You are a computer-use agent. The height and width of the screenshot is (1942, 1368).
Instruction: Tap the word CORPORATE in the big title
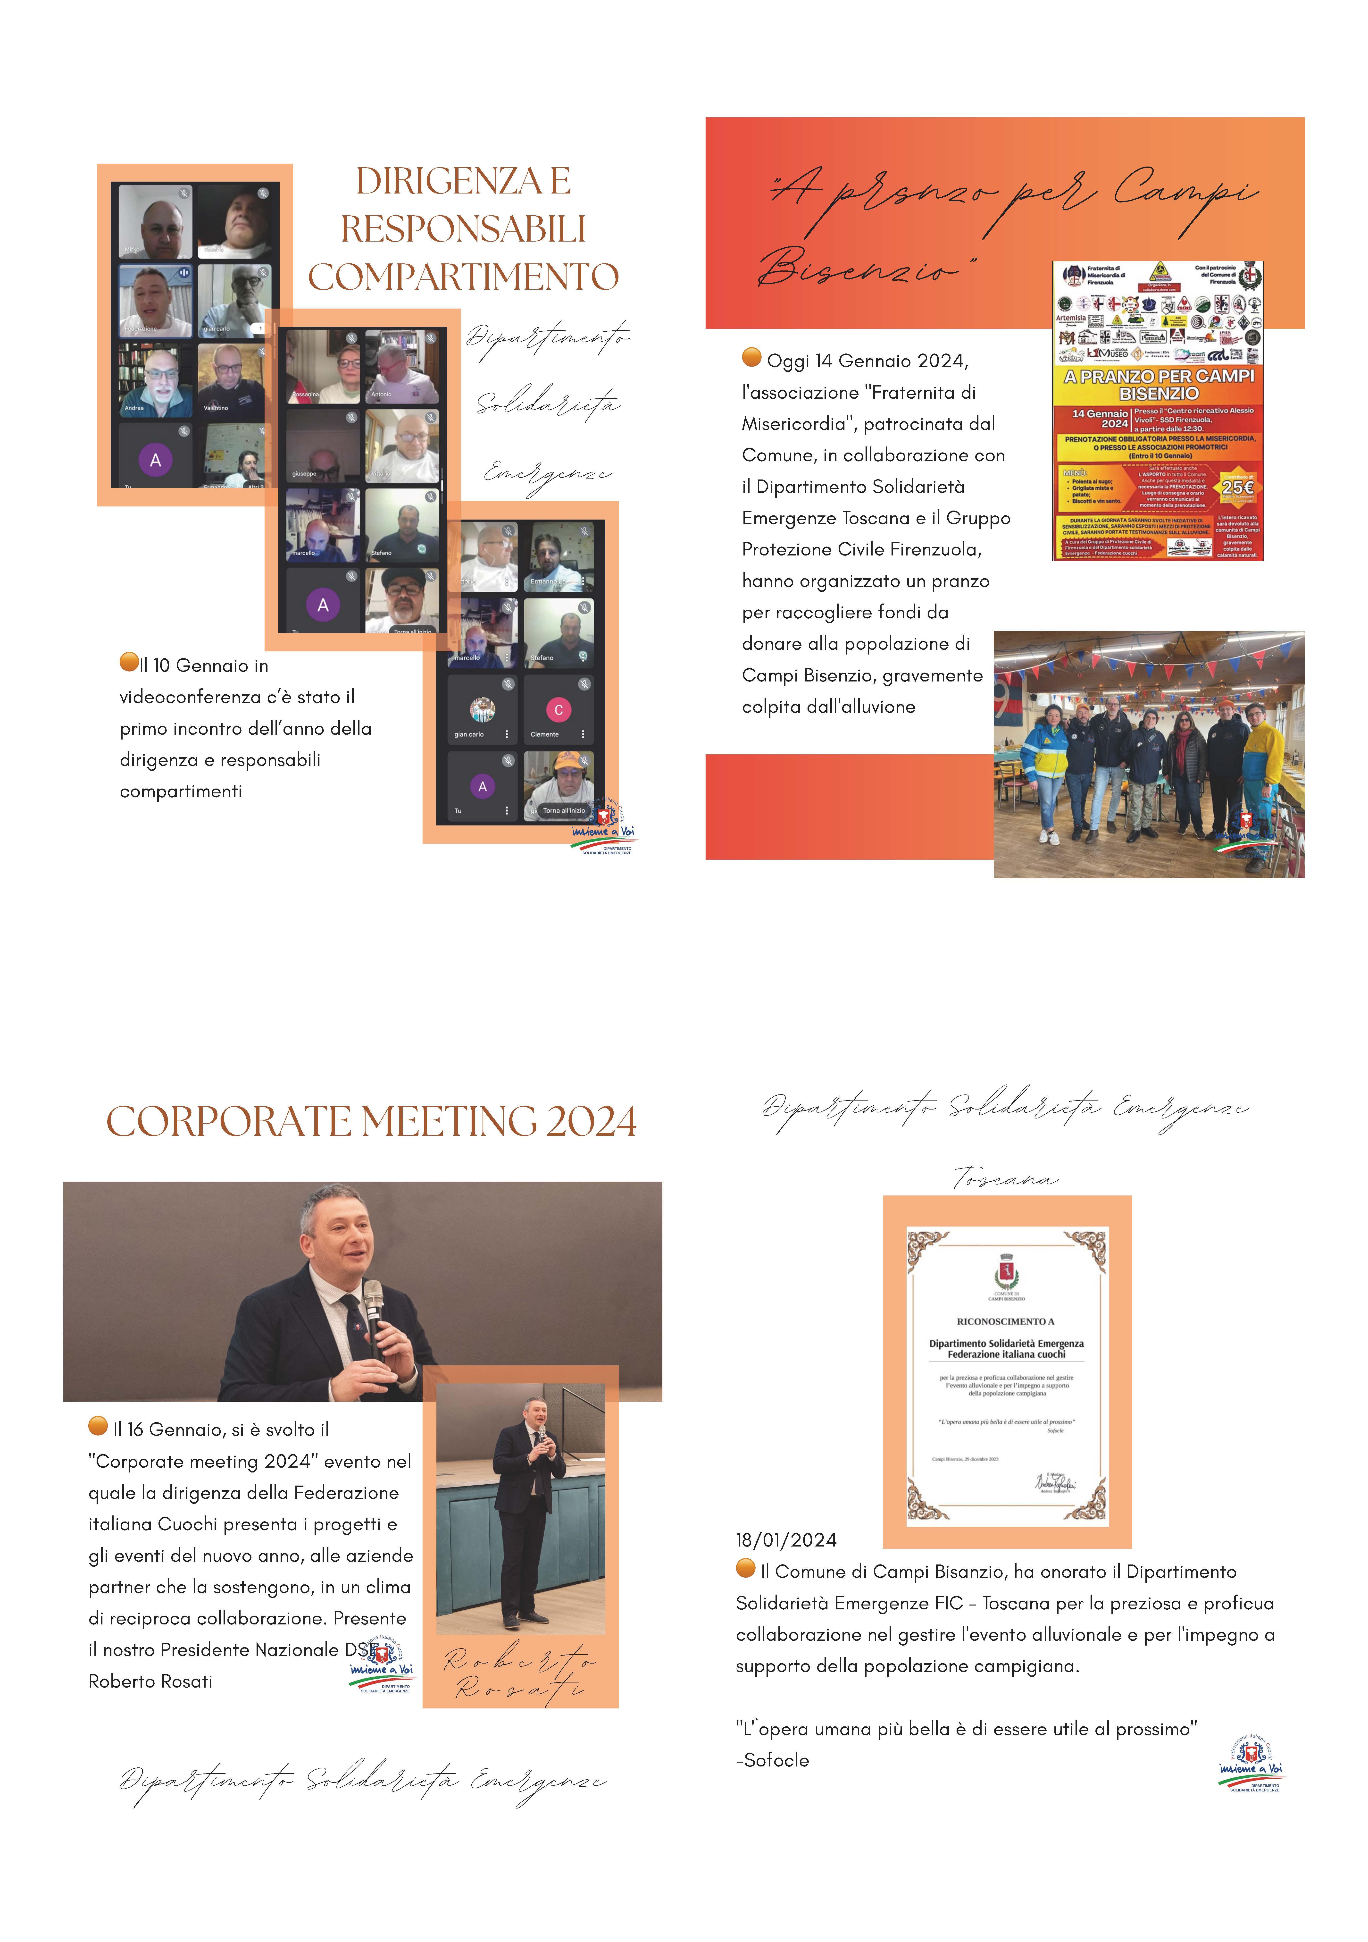pyautogui.click(x=228, y=1122)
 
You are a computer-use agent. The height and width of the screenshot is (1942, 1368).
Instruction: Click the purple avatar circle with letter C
pyautogui.click(x=558, y=710)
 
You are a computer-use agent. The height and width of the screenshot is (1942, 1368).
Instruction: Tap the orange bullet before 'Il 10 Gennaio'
pyautogui.click(x=128, y=661)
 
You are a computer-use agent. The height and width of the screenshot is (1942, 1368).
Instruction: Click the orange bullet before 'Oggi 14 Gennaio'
pyautogui.click(x=751, y=357)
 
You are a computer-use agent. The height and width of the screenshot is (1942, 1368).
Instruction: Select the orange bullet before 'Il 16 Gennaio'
pyautogui.click(x=98, y=1426)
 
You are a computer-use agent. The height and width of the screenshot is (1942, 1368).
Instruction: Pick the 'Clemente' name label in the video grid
pyautogui.click(x=544, y=734)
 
